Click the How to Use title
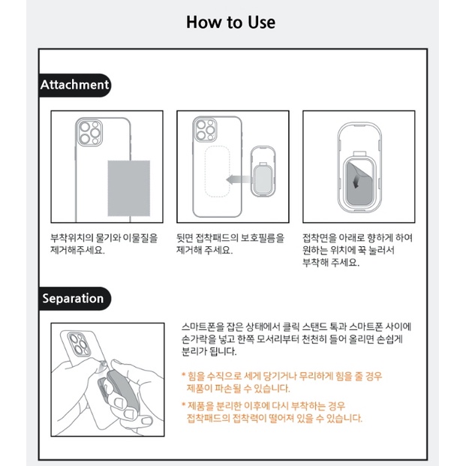click(x=230, y=22)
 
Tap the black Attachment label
click(x=74, y=85)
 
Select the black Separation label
click(x=73, y=298)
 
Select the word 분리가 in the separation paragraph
click(x=197, y=351)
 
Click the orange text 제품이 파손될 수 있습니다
click(x=238, y=388)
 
